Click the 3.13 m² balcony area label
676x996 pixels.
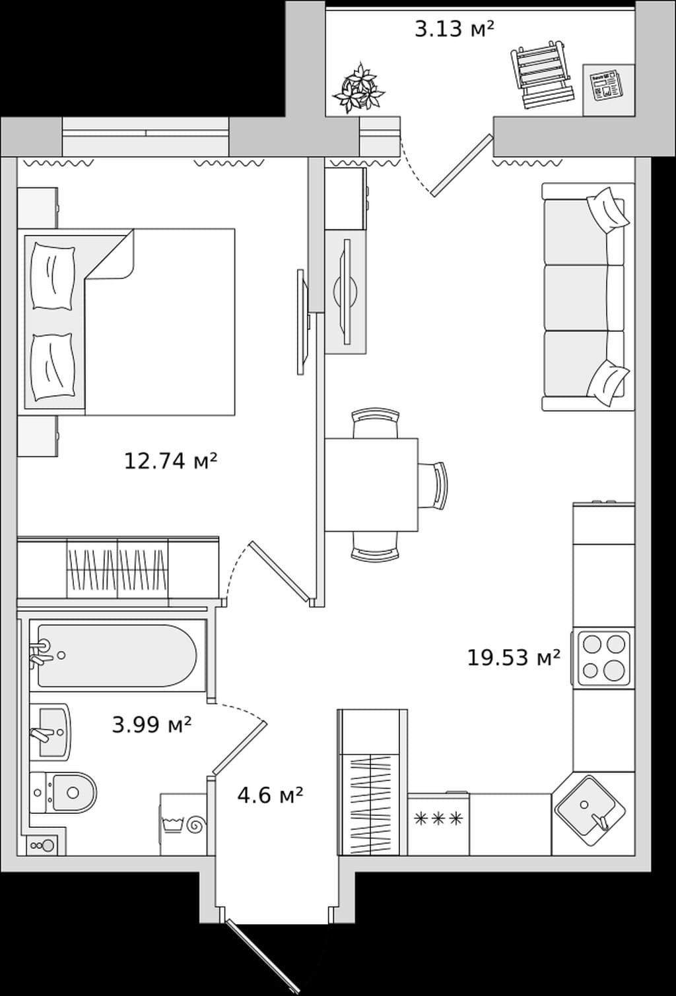(454, 29)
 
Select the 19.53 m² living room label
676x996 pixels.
(514, 658)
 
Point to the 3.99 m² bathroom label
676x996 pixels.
(152, 725)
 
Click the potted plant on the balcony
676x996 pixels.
(358, 88)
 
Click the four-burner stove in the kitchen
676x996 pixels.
(604, 658)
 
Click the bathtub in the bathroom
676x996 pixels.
(117, 656)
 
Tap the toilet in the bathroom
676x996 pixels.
(63, 792)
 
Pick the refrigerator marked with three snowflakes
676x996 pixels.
(438, 824)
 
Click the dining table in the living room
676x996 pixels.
(372, 485)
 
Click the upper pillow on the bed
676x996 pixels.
(52, 276)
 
